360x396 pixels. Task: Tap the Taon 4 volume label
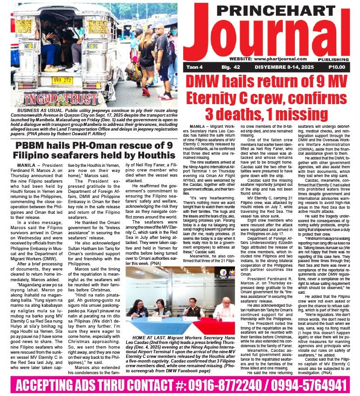[195, 67]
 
